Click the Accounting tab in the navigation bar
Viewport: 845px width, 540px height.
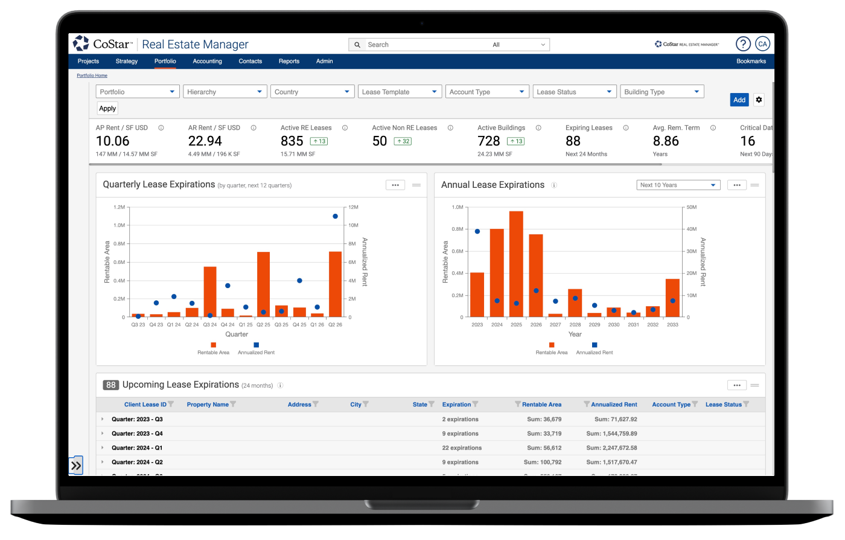click(x=207, y=61)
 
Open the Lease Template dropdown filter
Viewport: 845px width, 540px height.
click(x=400, y=92)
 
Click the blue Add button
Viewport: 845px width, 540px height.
click(x=739, y=100)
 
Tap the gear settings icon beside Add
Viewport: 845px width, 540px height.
click(x=759, y=100)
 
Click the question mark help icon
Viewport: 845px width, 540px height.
click(x=743, y=44)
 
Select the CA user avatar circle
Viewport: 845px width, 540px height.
click(x=762, y=44)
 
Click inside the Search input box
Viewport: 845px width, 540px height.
click(x=422, y=45)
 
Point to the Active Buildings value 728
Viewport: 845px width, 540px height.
click(x=489, y=141)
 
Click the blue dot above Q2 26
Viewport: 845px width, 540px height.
click(x=335, y=216)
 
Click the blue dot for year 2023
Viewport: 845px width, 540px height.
click(x=477, y=231)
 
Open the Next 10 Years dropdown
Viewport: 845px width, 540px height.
click(x=678, y=185)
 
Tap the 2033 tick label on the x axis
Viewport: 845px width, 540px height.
click(x=672, y=325)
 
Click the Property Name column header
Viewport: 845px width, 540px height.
click(x=208, y=405)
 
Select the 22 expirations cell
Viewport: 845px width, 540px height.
click(x=462, y=448)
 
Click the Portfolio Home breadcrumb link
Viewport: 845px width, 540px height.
click(x=92, y=76)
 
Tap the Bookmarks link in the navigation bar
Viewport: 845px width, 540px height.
click(x=751, y=61)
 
